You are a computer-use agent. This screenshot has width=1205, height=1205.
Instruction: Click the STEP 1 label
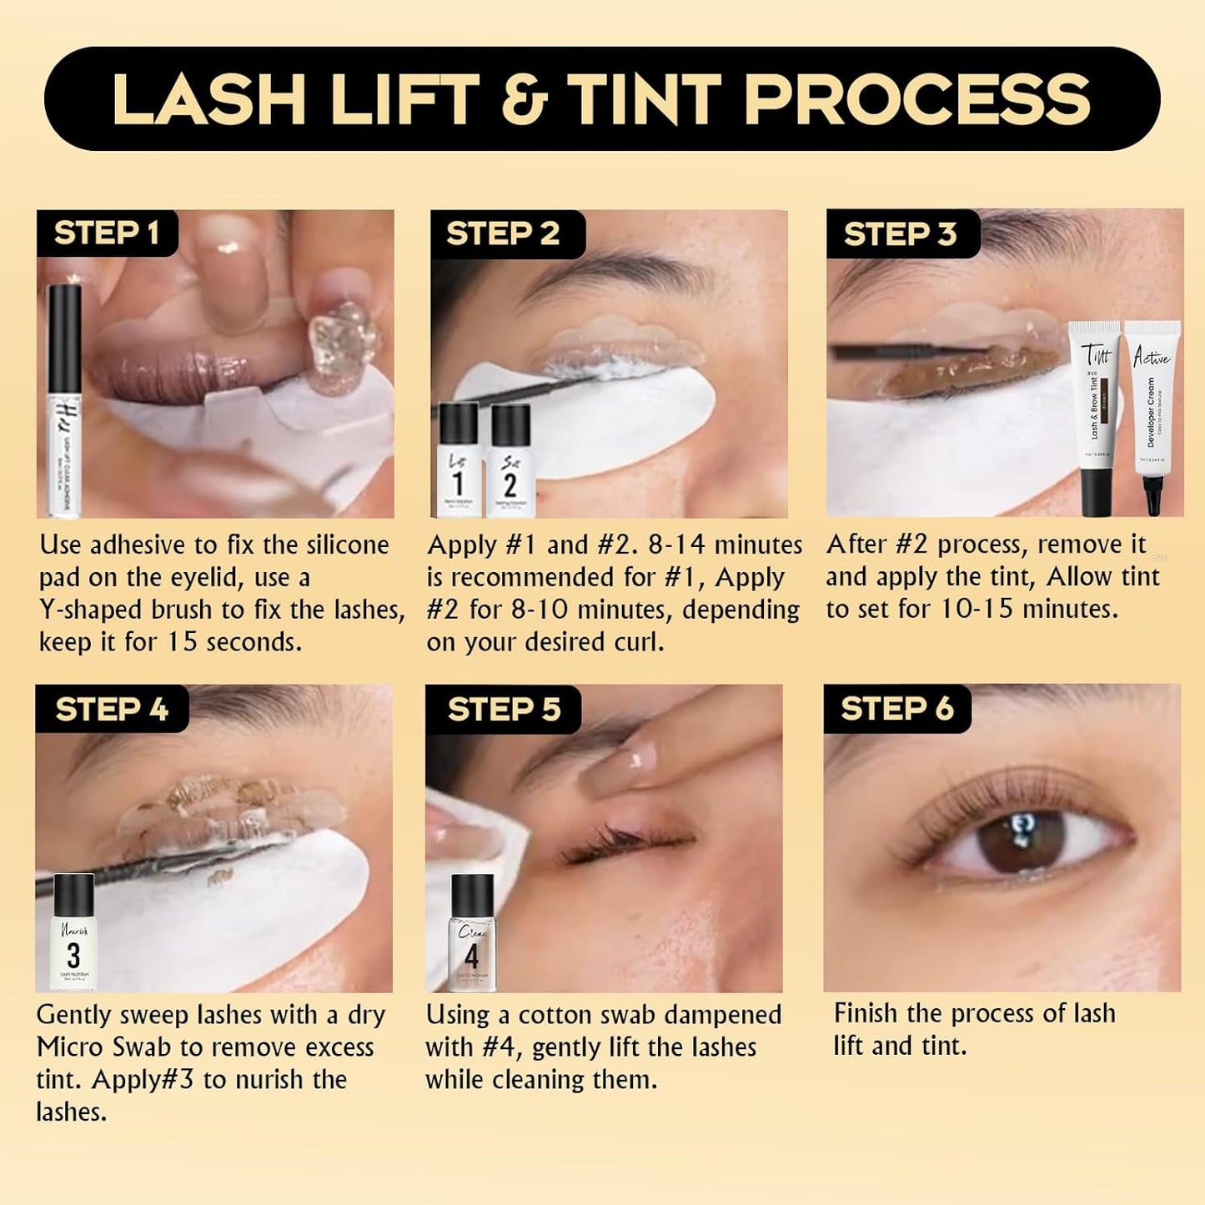(106, 233)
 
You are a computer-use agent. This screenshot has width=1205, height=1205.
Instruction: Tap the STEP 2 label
(503, 234)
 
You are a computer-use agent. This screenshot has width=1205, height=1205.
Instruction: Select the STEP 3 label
(900, 234)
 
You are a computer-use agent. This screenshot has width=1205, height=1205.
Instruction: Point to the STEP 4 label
(111, 710)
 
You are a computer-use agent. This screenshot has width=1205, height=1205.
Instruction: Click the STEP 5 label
(504, 710)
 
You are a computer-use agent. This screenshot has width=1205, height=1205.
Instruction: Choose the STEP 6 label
(896, 709)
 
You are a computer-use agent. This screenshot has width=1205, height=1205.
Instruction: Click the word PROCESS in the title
(916, 99)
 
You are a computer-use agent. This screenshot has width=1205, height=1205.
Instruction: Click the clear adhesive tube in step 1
(64, 400)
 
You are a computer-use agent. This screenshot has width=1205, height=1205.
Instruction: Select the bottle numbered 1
(458, 460)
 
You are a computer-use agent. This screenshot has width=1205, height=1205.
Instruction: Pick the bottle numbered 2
(510, 460)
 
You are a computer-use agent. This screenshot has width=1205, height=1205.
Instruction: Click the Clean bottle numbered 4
(472, 934)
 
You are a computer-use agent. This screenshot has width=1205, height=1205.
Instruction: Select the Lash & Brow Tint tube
(1096, 417)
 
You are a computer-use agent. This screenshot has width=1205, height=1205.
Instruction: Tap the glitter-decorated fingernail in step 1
(343, 337)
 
